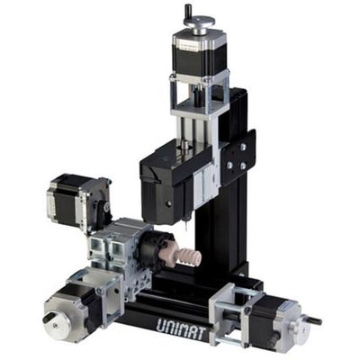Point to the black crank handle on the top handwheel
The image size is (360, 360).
[188, 10]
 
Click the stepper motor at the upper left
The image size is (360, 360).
[72, 198]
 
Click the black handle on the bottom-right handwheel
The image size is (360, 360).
[314, 319]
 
